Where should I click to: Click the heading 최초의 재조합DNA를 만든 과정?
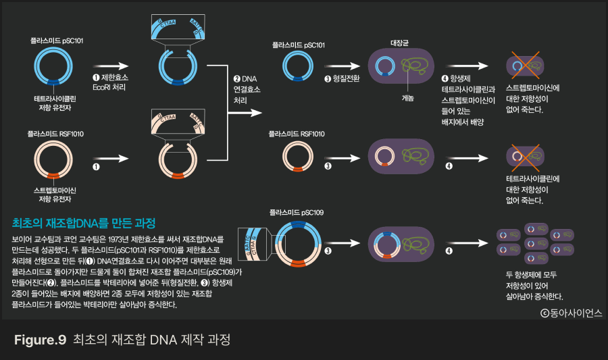pos(84,222)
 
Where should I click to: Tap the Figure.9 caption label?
pos(40,340)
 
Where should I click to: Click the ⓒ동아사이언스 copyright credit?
pos(571,313)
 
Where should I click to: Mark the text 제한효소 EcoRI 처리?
pos(110,82)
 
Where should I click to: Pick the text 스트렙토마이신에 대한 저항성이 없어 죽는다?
pos(533,98)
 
